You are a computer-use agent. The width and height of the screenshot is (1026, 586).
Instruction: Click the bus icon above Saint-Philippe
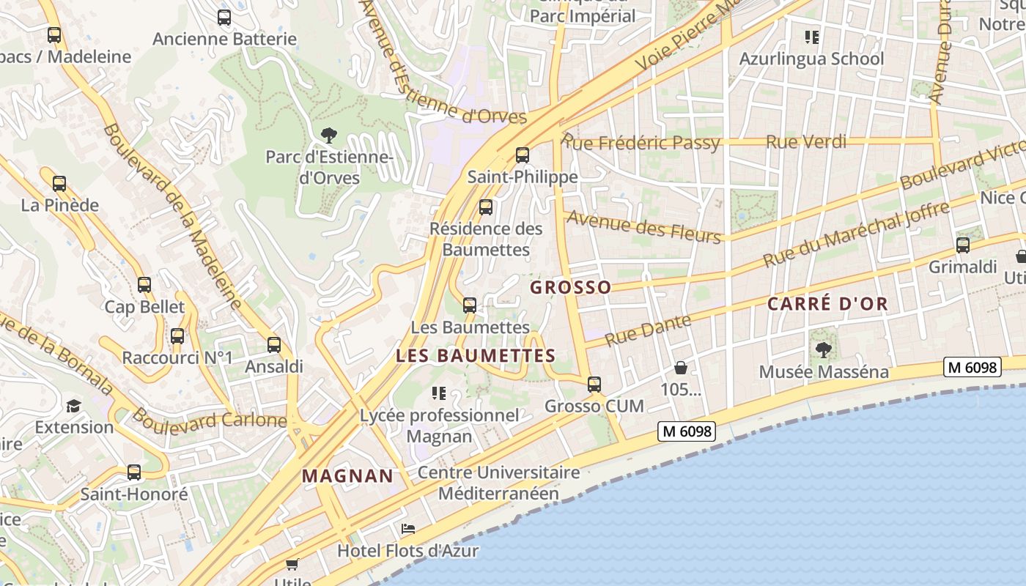tap(522, 155)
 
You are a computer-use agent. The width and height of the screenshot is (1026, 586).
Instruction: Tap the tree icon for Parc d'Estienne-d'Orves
tap(329, 135)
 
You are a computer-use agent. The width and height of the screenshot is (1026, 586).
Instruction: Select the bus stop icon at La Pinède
tap(59, 184)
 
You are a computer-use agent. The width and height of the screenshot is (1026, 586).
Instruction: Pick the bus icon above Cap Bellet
tap(144, 285)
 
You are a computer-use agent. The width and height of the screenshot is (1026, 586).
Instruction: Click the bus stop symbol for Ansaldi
tap(274, 344)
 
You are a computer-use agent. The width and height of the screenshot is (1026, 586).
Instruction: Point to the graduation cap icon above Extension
tap(73, 406)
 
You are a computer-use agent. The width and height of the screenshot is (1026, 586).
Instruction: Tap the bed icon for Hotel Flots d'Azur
tap(408, 529)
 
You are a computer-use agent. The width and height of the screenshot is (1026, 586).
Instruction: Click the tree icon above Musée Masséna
tap(823, 350)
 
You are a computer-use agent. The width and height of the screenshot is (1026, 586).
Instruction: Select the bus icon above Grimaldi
tap(963, 245)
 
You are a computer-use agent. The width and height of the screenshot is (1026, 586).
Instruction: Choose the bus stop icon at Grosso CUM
tap(594, 385)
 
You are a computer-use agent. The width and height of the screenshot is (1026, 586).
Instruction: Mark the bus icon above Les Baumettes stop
tap(470, 305)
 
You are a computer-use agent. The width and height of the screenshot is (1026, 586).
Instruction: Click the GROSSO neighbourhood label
tap(570, 287)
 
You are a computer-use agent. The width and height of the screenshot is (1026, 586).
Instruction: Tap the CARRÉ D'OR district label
tap(827, 303)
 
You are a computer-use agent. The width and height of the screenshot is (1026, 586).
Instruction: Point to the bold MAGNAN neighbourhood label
tap(348, 476)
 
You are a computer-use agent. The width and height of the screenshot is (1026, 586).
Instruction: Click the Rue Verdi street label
tap(806, 142)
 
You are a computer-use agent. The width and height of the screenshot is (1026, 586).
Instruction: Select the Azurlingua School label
tap(811, 59)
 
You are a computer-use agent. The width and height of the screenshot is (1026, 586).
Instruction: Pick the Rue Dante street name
tap(649, 330)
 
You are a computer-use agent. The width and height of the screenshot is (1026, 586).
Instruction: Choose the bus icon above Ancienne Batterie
tap(224, 18)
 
